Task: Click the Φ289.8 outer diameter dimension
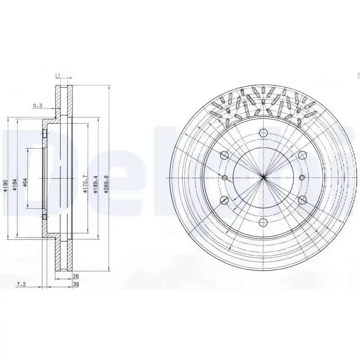pos(106,184)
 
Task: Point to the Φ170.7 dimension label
pos(85,184)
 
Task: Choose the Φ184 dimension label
pos(15,185)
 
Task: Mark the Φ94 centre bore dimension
pos(25,182)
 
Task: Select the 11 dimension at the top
pos(58,76)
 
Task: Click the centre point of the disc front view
pos(264,177)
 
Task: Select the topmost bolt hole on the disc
pos(264,132)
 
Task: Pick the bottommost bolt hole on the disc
pos(264,222)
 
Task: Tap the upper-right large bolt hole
pos(302,155)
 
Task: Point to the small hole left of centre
pos(225,177)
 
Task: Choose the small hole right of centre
pos(302,177)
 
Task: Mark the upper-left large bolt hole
pos(225,155)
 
